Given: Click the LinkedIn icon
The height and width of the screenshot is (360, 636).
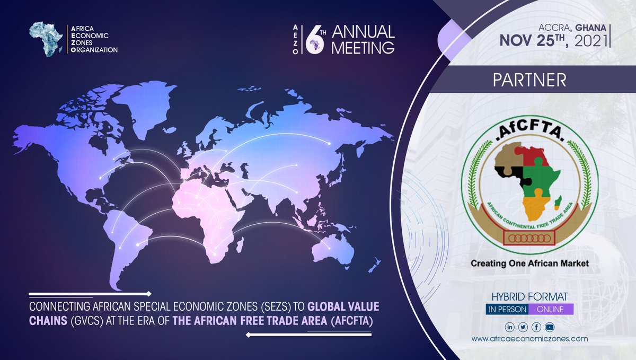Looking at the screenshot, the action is [x=509, y=327].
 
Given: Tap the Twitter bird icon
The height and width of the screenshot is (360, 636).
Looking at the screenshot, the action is [x=523, y=327].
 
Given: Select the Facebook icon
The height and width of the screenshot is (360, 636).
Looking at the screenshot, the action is [x=536, y=327].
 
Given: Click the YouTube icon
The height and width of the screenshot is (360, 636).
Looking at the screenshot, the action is [x=550, y=327].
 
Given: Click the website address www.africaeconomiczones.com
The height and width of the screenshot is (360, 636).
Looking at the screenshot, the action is [x=530, y=339].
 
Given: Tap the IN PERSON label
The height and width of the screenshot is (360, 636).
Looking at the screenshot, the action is [x=507, y=309].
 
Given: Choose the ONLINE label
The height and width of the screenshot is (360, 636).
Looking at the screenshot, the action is [x=550, y=309].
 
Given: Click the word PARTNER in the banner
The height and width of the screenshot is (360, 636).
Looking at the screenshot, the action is [x=529, y=80].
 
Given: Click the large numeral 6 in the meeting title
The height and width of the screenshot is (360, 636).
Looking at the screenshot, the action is [x=315, y=40].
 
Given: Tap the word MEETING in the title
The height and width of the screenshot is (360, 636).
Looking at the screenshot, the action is [x=363, y=47].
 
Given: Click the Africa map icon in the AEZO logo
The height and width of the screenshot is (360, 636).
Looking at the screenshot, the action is [x=46, y=39].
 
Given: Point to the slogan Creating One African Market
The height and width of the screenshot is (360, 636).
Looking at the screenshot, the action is [x=530, y=264].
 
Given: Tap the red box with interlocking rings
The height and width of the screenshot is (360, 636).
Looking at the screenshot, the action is [x=529, y=238].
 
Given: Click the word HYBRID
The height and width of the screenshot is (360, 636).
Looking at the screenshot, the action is [x=508, y=297].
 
